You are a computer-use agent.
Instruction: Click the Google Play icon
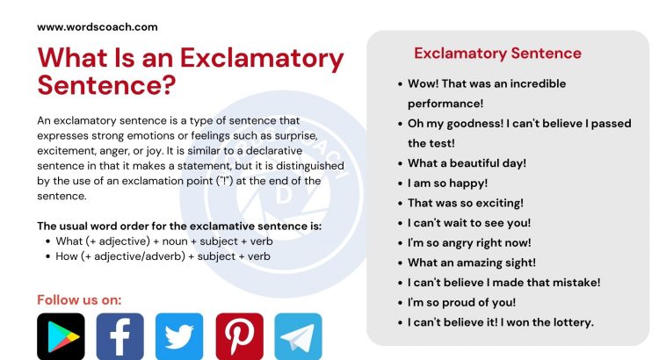coord(61,336)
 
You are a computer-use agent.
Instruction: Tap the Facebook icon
coord(120,336)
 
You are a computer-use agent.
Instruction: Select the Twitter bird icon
coord(179,336)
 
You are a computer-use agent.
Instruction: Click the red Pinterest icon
coord(240,336)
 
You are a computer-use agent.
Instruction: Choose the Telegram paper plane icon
coord(299,336)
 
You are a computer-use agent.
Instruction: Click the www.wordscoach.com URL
coord(98,27)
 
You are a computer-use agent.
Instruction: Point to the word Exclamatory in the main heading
coord(262,58)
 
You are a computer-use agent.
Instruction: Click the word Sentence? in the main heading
coord(106,84)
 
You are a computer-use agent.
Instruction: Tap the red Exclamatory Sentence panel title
coord(497,54)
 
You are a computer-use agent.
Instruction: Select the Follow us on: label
coord(79,300)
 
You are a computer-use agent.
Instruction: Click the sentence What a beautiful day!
coord(467,163)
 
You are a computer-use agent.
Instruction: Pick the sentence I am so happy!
coord(447,184)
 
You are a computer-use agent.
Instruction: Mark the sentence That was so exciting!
coord(466,203)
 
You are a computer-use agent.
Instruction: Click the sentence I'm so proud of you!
coord(461,302)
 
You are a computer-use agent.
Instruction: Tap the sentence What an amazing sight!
coord(472,263)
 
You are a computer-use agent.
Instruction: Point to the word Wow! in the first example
coord(424,83)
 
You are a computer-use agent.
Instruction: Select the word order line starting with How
coord(163,256)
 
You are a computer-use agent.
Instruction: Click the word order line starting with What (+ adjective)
coord(164,241)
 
